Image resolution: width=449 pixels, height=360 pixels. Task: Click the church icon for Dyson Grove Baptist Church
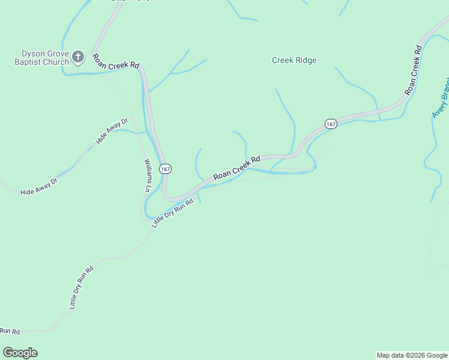click(77, 58)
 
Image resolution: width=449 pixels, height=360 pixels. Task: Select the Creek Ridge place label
click(294, 60)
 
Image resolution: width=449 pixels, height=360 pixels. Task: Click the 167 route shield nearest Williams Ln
click(166, 169)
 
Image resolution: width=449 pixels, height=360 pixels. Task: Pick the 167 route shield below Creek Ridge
click(331, 124)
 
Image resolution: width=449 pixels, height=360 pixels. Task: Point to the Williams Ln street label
click(146, 175)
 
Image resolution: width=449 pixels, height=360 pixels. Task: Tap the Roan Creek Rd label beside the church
click(116, 62)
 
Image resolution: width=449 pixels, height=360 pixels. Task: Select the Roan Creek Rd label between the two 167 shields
click(237, 167)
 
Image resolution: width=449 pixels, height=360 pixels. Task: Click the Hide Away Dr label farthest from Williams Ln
click(38, 185)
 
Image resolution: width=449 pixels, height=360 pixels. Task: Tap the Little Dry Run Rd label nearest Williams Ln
click(172, 214)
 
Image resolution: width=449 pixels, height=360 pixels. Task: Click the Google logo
click(20, 353)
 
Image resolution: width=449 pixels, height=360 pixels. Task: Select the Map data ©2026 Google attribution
click(412, 355)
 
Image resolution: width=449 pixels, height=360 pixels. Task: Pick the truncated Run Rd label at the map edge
click(10, 331)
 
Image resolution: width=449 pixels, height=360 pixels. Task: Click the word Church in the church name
click(56, 62)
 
